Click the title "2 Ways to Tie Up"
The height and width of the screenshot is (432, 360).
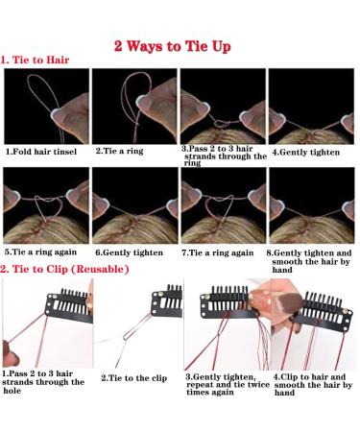(173, 46)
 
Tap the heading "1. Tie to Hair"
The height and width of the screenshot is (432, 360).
(35, 60)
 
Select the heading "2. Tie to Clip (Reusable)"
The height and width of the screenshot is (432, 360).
(64, 269)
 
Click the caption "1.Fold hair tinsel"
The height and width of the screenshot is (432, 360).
(41, 152)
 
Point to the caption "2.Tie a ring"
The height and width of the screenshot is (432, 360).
(120, 151)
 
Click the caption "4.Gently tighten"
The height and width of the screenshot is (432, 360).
(306, 152)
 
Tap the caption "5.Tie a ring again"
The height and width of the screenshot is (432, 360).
(40, 252)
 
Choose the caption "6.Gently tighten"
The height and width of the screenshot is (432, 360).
(130, 252)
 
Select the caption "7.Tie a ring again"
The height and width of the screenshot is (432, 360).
(218, 252)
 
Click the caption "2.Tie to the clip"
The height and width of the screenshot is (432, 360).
(134, 378)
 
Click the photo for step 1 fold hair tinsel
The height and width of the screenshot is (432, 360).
(46, 106)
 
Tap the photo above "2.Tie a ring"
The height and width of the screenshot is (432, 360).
(134, 106)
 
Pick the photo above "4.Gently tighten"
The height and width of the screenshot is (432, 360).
(311, 106)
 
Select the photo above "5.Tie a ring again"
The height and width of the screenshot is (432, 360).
(46, 205)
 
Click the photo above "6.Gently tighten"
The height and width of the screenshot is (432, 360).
(135, 205)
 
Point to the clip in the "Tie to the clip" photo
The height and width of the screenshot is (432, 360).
(167, 301)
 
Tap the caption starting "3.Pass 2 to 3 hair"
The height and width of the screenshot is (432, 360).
(224, 156)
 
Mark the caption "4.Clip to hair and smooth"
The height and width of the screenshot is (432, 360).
(313, 385)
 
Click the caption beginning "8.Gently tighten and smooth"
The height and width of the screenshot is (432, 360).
(309, 261)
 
